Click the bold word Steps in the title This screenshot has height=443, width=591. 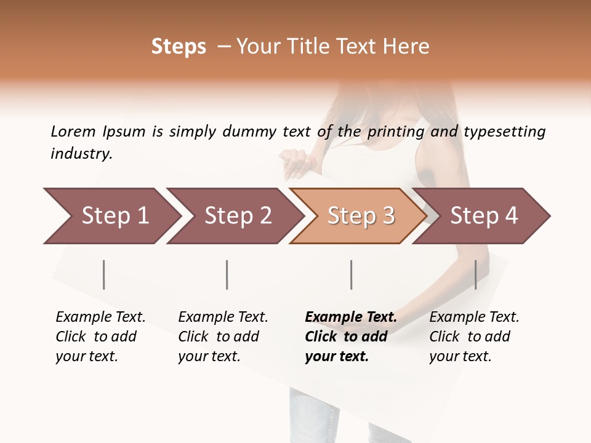tap(179, 47)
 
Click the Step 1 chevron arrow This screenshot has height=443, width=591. tap(111, 216)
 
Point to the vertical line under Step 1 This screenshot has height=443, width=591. tap(104, 274)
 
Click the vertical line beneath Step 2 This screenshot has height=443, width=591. tap(227, 274)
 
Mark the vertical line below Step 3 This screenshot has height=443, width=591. tap(351, 274)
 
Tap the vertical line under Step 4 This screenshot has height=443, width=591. tap(475, 274)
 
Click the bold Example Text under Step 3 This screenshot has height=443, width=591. tap(351, 317)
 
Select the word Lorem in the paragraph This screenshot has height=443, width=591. tap(73, 132)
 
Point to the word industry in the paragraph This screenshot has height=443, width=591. tap(81, 154)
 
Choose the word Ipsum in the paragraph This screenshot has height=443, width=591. tap(124, 132)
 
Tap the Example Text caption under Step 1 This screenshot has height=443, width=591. tap(100, 317)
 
